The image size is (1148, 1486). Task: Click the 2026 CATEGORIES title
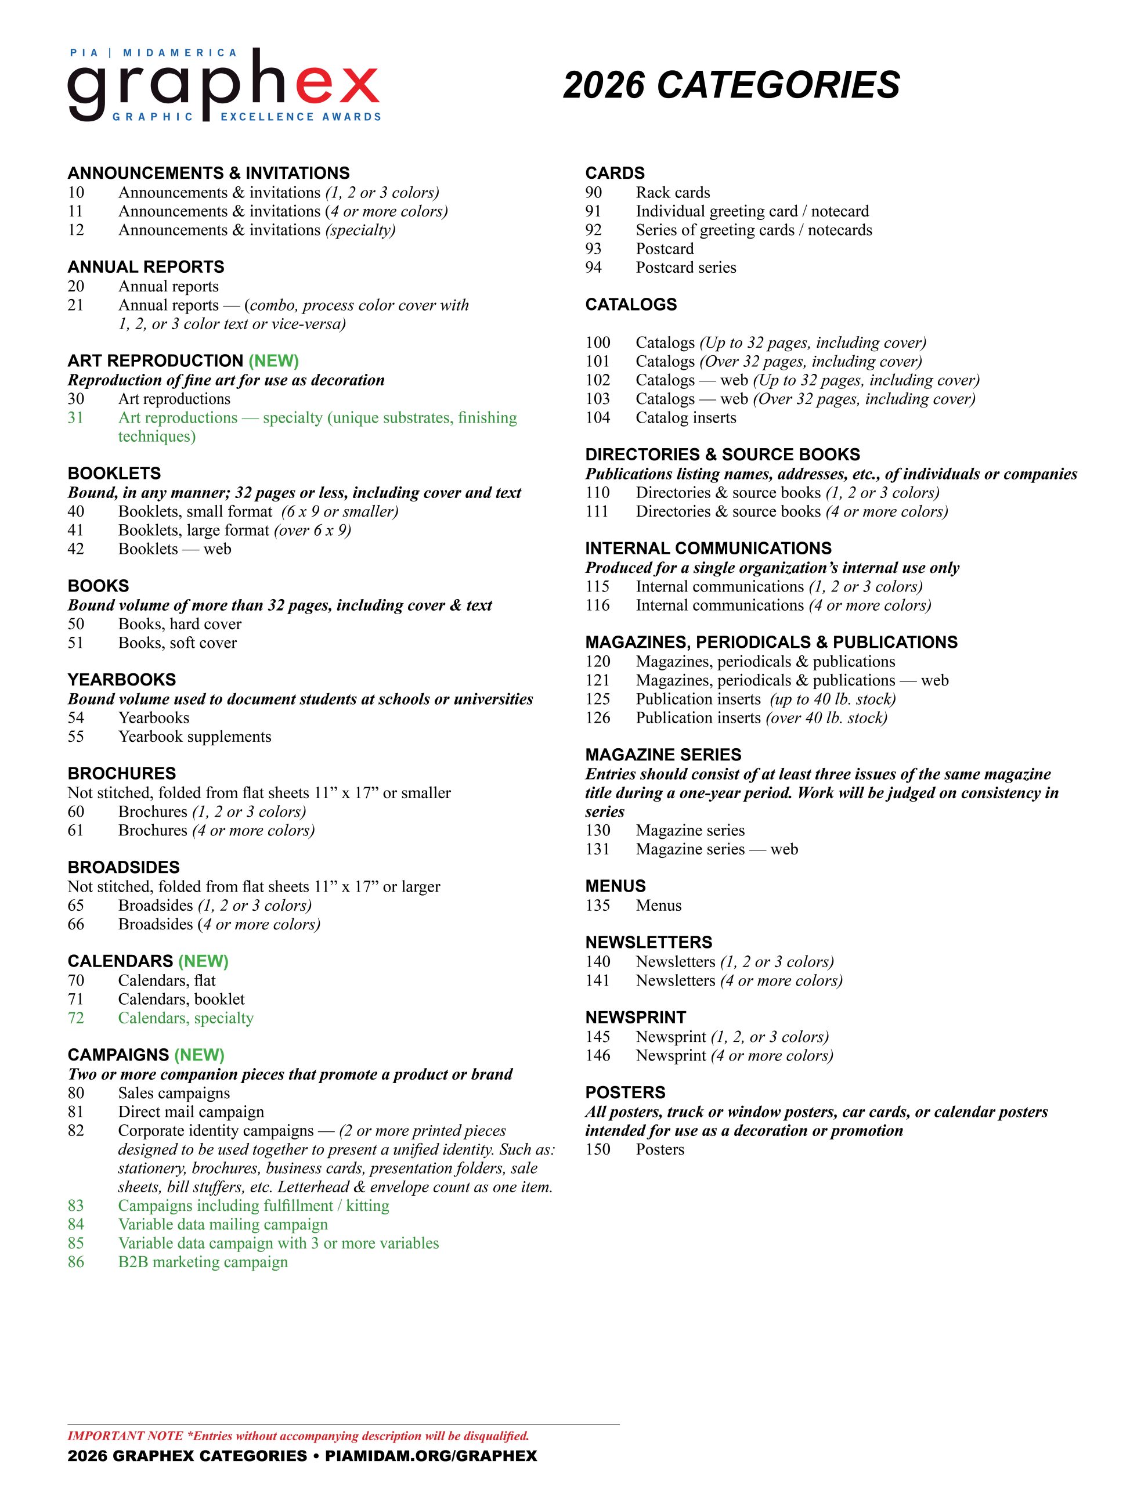coord(731,85)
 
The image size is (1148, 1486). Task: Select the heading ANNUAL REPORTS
coord(146,266)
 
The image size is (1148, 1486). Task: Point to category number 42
coord(75,549)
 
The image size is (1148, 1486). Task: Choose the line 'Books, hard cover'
coord(180,624)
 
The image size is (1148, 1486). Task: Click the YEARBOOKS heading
coord(122,680)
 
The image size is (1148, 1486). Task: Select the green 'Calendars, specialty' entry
coord(186,1018)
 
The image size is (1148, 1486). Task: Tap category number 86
coord(75,1262)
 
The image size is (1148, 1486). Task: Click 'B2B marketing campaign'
coord(203,1262)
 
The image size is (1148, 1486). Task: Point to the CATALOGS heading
coord(631,305)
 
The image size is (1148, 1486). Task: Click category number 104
coord(597,418)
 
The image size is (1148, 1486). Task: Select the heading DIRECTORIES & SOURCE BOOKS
coord(722,455)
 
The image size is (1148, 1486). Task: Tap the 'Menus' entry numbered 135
coord(658,906)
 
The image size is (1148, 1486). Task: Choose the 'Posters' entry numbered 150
coord(660,1149)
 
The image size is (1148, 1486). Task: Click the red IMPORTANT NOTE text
coord(298,1436)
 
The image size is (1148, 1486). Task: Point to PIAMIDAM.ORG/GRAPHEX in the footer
coord(431,1456)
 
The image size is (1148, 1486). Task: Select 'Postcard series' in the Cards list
coord(685,268)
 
